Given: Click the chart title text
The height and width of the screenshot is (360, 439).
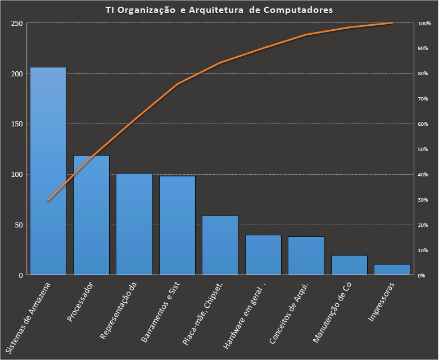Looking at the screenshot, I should click(219, 10).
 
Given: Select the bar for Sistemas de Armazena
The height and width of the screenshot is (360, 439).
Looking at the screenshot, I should click(48, 171).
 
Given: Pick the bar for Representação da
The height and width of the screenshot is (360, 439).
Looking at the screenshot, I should click(134, 224).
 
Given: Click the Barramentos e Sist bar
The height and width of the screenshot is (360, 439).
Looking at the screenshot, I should click(177, 225).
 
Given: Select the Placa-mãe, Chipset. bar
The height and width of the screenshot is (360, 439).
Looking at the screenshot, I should click(220, 245).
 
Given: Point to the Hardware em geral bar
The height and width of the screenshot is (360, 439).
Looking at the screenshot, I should click(263, 255).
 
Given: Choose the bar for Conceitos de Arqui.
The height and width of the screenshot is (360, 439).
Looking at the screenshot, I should click(306, 256).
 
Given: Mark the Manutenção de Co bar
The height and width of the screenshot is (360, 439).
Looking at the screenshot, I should click(349, 265).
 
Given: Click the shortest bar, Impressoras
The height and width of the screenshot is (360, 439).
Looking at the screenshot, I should click(392, 270).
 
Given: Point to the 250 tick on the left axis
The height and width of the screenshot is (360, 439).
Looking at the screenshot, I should click(16, 24).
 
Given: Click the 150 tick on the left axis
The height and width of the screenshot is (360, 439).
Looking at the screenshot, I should click(16, 124).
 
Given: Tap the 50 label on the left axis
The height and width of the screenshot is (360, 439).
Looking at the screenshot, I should click(19, 225).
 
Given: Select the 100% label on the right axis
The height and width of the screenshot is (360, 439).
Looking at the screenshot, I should click(424, 24).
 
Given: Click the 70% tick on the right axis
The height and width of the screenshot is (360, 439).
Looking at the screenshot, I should click(423, 99).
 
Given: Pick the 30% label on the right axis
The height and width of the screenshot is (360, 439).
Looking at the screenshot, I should click(423, 200).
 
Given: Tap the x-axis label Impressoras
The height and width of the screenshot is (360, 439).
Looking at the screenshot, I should click(382, 302).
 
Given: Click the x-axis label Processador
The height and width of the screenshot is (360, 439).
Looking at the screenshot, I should click(80, 302).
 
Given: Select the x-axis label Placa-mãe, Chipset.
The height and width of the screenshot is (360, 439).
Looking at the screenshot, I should click(204, 312).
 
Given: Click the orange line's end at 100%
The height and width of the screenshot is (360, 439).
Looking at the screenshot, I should click(392, 23).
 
